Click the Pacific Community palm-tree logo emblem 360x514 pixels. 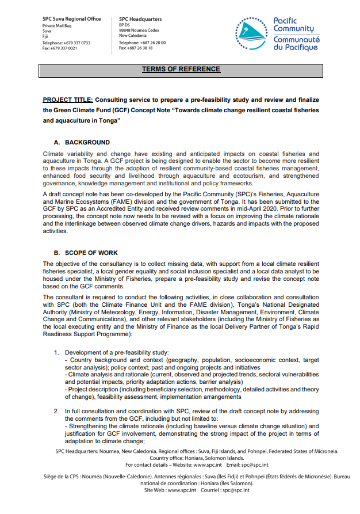point(250,33)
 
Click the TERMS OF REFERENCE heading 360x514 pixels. point(181,70)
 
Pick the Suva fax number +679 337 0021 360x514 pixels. point(64,48)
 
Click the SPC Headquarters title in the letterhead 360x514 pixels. point(140,19)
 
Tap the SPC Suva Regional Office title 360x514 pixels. point(71,19)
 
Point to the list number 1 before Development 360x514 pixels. point(56,352)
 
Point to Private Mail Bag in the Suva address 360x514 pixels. point(56,26)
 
